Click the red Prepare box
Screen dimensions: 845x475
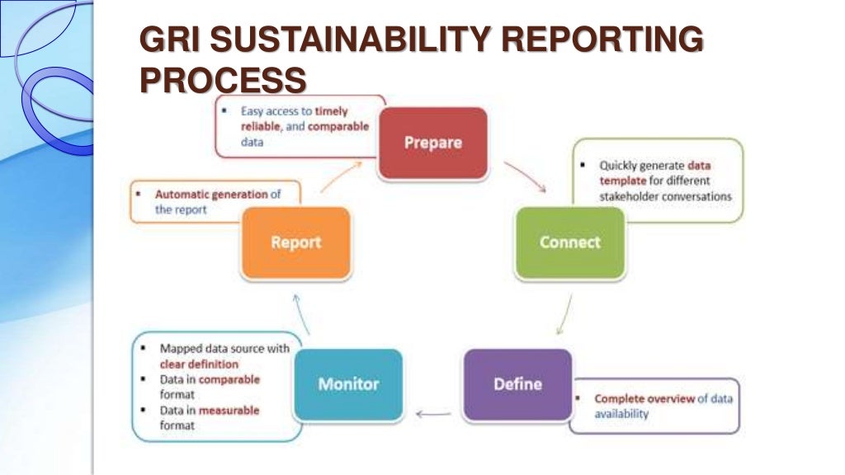[433, 143]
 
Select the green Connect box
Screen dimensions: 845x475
[569, 242]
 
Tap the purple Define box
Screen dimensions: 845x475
[517, 384]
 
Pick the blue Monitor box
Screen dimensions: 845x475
[348, 384]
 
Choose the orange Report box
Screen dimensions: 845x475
[295, 242]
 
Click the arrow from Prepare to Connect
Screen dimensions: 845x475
[525, 175]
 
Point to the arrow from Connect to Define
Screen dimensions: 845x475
[564, 314]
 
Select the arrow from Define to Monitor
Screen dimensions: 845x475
[433, 414]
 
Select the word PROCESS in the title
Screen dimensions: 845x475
[223, 80]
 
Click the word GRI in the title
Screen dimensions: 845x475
[165, 41]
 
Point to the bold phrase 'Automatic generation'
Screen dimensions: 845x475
[211, 195]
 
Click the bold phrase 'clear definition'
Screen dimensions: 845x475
[199, 364]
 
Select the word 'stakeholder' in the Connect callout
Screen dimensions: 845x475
[632, 196]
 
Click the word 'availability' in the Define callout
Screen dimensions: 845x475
[621, 414]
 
